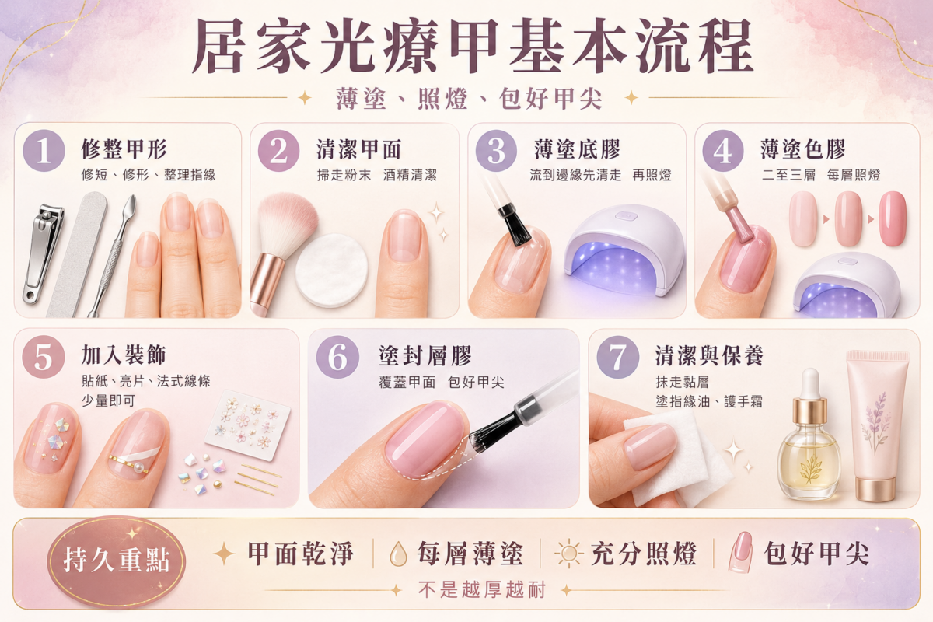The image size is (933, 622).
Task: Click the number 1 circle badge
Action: [x=44, y=151]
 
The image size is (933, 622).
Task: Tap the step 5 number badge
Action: [x=44, y=357]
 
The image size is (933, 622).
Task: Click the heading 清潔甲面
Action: [x=358, y=149]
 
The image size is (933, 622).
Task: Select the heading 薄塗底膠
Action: [x=577, y=149]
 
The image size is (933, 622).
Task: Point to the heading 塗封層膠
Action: [x=425, y=356]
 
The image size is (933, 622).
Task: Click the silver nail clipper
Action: [x=44, y=253]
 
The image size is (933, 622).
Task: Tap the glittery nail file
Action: [x=77, y=254]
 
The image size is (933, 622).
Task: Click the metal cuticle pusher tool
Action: [x=113, y=255]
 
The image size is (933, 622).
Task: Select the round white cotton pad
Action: [x=332, y=271]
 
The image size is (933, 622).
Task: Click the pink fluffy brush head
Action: [x=288, y=223]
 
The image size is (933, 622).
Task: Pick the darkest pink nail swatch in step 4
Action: [x=893, y=218]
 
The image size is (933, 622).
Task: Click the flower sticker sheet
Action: [x=247, y=425]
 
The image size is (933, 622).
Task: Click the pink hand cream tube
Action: [x=877, y=426]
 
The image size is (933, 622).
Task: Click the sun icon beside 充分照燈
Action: [x=569, y=554]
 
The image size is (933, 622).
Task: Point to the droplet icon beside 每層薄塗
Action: [x=398, y=554]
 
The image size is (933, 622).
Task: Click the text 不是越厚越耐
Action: [x=482, y=589]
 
